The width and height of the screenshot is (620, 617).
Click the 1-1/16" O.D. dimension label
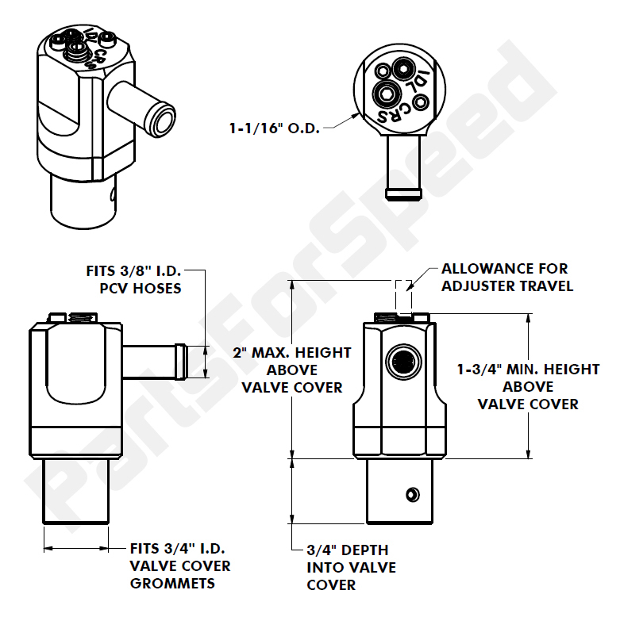click(x=274, y=127)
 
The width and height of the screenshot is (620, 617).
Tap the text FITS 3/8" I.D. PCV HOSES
click(x=133, y=279)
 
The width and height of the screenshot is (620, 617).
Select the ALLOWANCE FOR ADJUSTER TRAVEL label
click(x=506, y=278)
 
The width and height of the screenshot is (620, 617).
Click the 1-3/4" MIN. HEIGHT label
click(x=528, y=386)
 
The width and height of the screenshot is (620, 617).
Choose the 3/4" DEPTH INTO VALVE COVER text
click(x=351, y=567)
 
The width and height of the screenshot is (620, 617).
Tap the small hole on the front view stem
click(x=411, y=495)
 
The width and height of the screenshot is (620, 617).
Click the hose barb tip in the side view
click(x=182, y=362)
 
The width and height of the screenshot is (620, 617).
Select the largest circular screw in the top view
click(x=388, y=94)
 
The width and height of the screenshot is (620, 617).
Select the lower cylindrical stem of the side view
click(x=75, y=492)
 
